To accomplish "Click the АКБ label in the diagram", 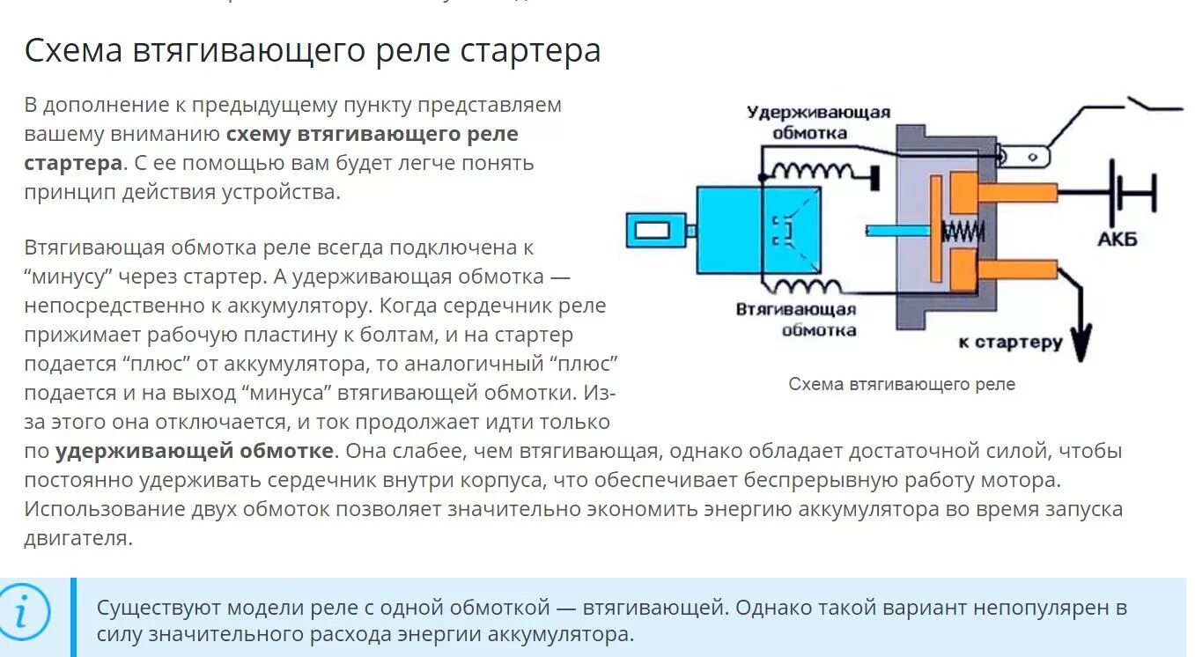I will [x=1118, y=239].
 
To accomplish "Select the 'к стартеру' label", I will [x=1010, y=343].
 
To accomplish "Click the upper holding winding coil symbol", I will [x=811, y=170].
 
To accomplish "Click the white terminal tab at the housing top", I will [x=1026, y=158].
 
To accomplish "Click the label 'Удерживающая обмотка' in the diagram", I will [x=818, y=122].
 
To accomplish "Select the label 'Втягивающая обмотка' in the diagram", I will [x=796, y=319].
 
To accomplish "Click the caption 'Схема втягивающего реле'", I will [x=902, y=385].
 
